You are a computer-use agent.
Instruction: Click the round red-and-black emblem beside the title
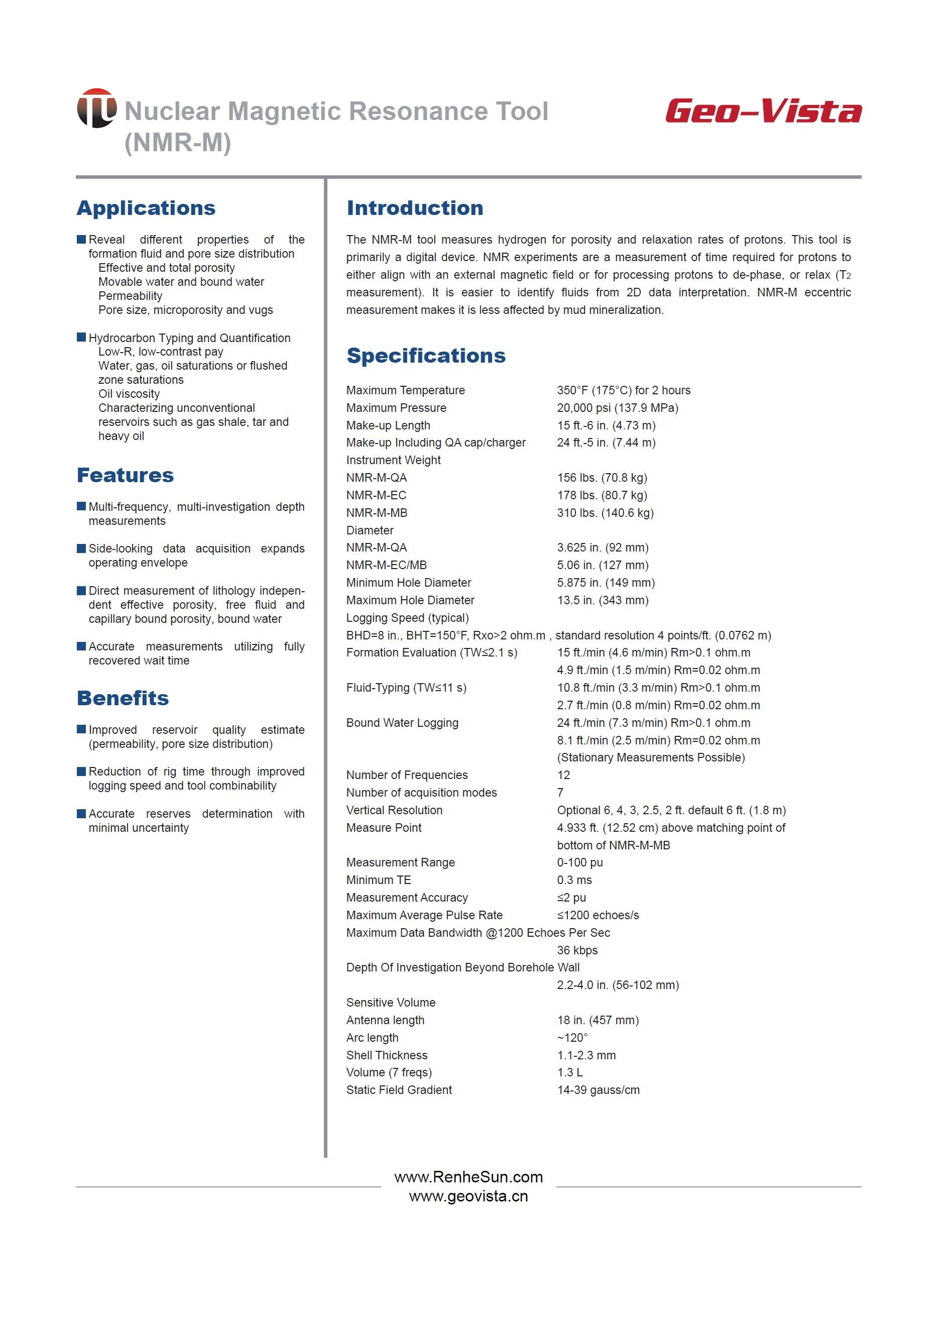click(96, 108)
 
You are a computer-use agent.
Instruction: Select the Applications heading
click(146, 208)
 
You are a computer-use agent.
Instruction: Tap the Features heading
click(126, 475)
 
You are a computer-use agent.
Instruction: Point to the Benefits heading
click(123, 698)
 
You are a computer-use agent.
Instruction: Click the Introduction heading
click(415, 208)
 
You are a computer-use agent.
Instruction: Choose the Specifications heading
click(426, 355)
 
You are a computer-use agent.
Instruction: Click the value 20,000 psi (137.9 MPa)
click(618, 408)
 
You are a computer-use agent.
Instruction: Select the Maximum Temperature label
click(405, 391)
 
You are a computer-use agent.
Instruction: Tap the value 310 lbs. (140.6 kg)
click(605, 513)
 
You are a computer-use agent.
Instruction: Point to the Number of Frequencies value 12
click(563, 775)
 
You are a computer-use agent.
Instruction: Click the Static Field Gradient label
click(399, 1090)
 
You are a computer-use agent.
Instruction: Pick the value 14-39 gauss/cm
click(599, 1090)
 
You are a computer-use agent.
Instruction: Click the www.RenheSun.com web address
click(468, 1177)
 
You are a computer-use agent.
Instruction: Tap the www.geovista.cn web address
click(468, 1195)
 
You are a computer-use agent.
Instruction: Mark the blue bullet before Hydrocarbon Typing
click(81, 338)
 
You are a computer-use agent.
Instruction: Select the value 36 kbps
click(577, 950)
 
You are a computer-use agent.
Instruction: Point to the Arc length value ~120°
click(572, 1038)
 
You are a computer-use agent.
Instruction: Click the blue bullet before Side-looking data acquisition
click(81, 548)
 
